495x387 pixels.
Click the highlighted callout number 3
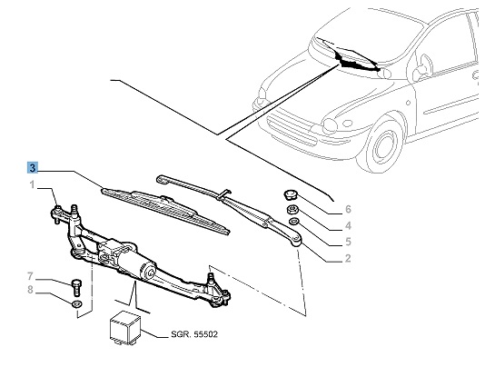point(33,168)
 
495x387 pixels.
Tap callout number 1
point(32,184)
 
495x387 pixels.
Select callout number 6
point(348,209)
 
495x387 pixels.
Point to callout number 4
point(348,225)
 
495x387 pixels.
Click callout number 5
point(348,242)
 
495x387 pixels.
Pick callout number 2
point(348,258)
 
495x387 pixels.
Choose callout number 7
point(30,276)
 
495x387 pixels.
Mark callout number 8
point(30,290)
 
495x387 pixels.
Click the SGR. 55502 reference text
point(194,334)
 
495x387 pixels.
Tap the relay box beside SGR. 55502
point(124,327)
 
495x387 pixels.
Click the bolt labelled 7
point(76,287)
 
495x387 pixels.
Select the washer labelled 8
point(76,304)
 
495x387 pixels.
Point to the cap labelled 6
point(290,195)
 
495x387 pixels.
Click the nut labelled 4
point(292,209)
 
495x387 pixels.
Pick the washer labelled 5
point(294,222)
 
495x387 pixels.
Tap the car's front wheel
point(383,147)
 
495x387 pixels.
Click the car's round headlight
point(330,124)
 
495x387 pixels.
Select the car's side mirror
point(424,68)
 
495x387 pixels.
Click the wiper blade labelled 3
point(165,212)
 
